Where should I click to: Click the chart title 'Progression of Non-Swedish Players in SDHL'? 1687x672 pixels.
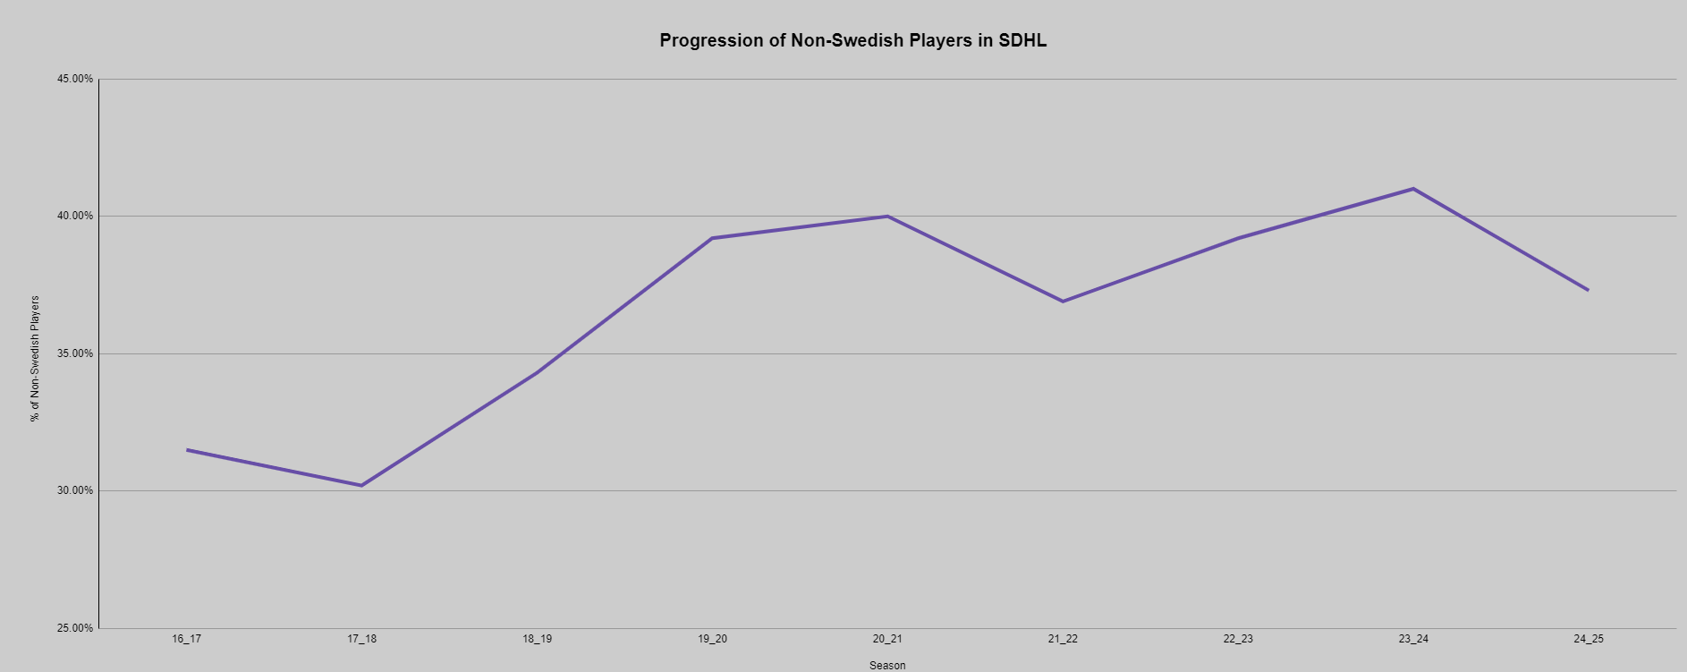pos(852,40)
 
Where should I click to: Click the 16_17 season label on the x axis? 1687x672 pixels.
pos(187,639)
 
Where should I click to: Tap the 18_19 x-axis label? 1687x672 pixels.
pos(538,639)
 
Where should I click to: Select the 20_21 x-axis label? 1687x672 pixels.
pos(887,639)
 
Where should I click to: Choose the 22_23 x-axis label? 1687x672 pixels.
pos(1238,639)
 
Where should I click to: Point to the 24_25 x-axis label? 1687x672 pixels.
pos(1589,639)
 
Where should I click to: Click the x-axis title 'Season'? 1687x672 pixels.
pos(887,665)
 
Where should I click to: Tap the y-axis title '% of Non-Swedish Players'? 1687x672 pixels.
pos(36,358)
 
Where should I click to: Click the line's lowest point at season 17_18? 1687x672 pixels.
pos(361,485)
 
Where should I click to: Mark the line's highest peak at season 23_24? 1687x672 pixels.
pos(1413,189)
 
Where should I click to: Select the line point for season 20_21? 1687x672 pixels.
pos(887,216)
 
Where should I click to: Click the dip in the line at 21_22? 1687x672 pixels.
pos(1063,301)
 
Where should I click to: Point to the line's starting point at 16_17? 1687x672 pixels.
pos(187,449)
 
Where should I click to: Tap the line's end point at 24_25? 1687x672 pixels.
pos(1588,290)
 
